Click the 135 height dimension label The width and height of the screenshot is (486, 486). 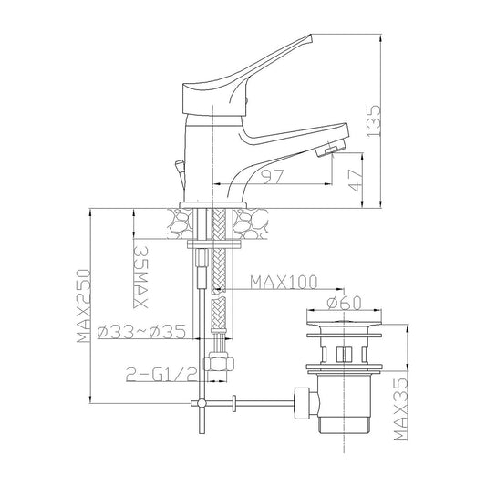[x=373, y=120]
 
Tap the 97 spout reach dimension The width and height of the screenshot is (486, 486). [x=273, y=177]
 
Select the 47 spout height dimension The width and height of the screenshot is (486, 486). [x=356, y=181]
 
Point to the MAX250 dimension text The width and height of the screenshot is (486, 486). [x=84, y=306]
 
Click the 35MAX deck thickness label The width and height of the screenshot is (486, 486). [x=141, y=277]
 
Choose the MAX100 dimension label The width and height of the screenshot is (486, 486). [x=284, y=282]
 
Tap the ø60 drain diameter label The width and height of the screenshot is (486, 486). [x=344, y=303]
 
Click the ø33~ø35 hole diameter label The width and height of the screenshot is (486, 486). [x=141, y=332]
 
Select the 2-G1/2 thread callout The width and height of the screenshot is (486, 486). [x=161, y=375]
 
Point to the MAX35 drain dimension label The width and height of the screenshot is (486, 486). [x=401, y=408]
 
